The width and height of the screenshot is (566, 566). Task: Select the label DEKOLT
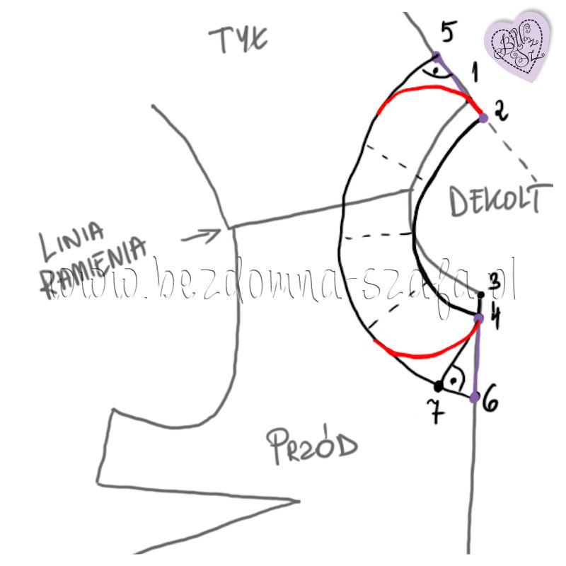[499, 201]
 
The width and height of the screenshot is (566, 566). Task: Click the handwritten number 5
[449, 32]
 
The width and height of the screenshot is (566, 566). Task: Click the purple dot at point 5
[437, 55]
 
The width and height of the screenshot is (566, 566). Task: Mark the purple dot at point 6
[475, 396]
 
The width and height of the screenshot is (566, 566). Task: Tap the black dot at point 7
[439, 386]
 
